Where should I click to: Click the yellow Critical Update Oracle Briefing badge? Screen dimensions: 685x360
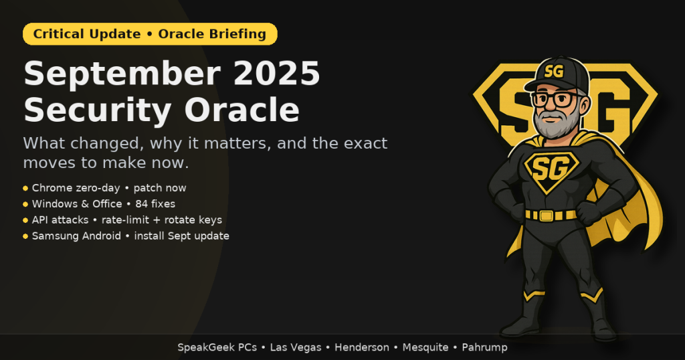click(x=150, y=34)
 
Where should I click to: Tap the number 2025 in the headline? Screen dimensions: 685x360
click(x=277, y=73)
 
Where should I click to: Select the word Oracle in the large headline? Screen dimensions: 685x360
click(x=242, y=110)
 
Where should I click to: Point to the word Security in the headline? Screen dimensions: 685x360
click(x=98, y=111)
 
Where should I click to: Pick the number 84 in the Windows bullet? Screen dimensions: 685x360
click(x=142, y=204)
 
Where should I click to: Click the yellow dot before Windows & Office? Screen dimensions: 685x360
click(x=25, y=204)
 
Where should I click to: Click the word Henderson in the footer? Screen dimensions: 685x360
click(x=362, y=347)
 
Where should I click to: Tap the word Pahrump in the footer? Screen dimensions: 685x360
click(x=484, y=348)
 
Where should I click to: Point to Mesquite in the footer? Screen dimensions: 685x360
click(x=425, y=348)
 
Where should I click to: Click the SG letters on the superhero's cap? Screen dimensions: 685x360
click(x=553, y=71)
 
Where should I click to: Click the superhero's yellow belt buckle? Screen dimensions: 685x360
click(x=546, y=215)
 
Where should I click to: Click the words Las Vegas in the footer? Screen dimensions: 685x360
click(x=295, y=348)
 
